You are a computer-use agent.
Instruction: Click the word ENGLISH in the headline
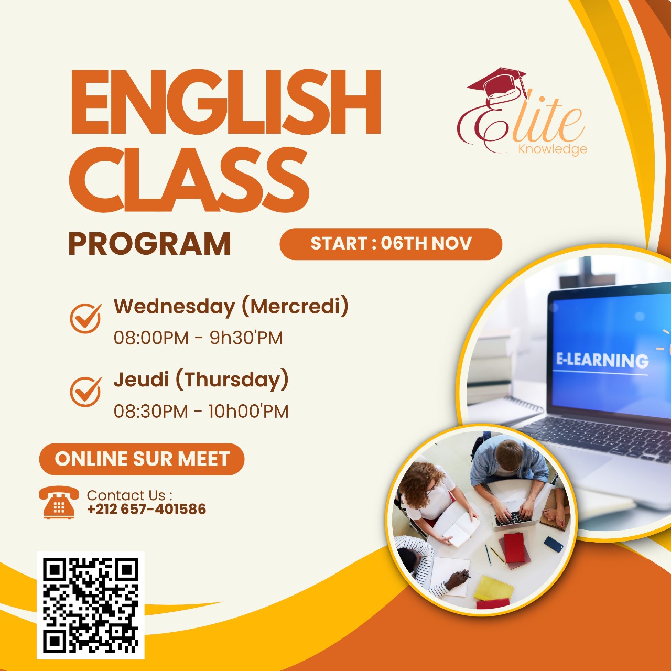tap(225, 102)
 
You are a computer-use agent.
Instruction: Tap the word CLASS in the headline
tap(189, 179)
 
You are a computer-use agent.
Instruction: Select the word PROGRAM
tap(150, 244)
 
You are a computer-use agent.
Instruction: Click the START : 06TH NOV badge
tap(391, 244)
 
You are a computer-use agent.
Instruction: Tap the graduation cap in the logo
tap(497, 84)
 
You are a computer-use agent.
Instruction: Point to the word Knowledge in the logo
tap(552, 149)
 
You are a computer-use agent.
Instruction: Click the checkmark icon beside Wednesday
tap(85, 318)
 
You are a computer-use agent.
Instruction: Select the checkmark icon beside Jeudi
tap(85, 391)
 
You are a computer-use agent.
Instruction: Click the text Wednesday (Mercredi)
tap(231, 307)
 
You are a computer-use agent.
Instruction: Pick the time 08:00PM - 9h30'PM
tap(198, 338)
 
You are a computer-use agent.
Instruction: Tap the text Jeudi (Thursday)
tap(201, 380)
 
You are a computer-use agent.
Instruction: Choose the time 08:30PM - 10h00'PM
tap(201, 411)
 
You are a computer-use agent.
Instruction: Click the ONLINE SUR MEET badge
tap(142, 459)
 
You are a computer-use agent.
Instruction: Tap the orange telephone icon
tap(59, 503)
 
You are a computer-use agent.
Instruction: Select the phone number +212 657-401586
tap(147, 509)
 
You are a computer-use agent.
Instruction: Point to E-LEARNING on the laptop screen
tap(602, 360)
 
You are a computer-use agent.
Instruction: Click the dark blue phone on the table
tap(553, 544)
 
